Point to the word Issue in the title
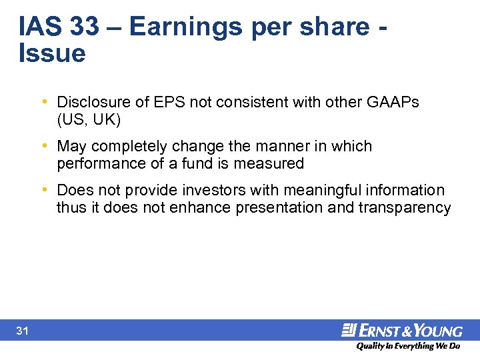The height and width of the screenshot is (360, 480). (x=53, y=53)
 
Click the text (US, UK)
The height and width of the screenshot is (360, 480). (x=89, y=120)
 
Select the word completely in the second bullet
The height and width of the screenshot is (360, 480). (x=130, y=146)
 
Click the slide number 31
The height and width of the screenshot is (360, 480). (x=22, y=331)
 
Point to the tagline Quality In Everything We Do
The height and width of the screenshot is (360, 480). (x=408, y=346)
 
